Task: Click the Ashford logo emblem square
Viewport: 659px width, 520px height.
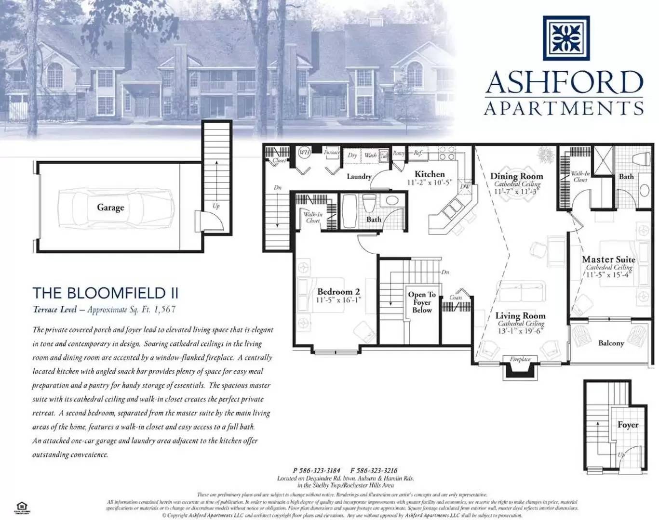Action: coord(566,38)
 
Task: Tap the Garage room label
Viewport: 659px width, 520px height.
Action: coord(110,208)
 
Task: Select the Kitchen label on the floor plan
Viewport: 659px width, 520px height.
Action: coord(430,174)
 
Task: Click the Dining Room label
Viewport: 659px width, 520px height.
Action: coord(516,176)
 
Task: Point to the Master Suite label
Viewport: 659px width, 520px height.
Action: coord(608,260)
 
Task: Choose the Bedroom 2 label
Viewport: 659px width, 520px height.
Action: coord(338,292)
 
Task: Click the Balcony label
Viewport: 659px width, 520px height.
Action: coord(611,343)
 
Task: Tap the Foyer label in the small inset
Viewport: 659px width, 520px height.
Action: coord(628,425)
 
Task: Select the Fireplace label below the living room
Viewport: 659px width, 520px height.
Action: coord(520,359)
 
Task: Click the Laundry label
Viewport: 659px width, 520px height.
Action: coord(359,177)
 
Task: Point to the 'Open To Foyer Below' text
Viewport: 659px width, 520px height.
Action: coord(422,302)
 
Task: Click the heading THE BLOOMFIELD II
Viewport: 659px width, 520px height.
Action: coord(106,293)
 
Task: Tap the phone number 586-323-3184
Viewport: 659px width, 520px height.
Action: coord(320,470)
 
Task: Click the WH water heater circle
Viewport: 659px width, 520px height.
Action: coord(304,153)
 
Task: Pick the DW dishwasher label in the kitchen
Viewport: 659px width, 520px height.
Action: coord(465,187)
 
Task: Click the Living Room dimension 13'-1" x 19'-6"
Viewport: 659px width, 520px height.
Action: coord(521,331)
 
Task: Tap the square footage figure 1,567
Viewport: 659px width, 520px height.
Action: coord(165,310)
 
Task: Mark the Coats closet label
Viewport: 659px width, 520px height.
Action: coord(456,298)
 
